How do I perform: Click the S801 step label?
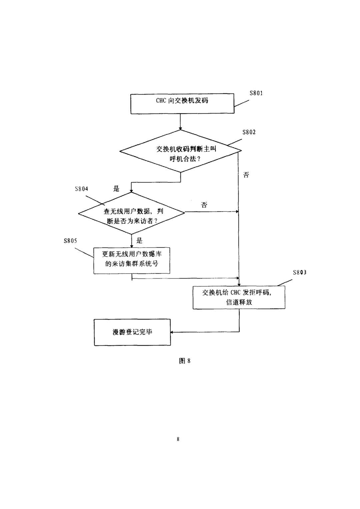pos(256,93)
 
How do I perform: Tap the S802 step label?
pos(249,132)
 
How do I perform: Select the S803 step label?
pos(300,272)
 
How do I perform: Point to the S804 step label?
pos(81,189)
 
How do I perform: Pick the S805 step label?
pos(70,241)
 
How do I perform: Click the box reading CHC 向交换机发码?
pos(182,103)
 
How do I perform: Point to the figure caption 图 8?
pos(185,361)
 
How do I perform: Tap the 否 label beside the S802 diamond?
pos(246,175)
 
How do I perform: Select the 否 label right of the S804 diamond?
pos(204,205)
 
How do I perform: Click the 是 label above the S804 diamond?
pos(116,188)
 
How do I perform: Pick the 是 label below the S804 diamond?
pos(139,241)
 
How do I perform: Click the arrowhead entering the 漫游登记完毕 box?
pos(172,332)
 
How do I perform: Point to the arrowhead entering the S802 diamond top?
pos(180,129)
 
